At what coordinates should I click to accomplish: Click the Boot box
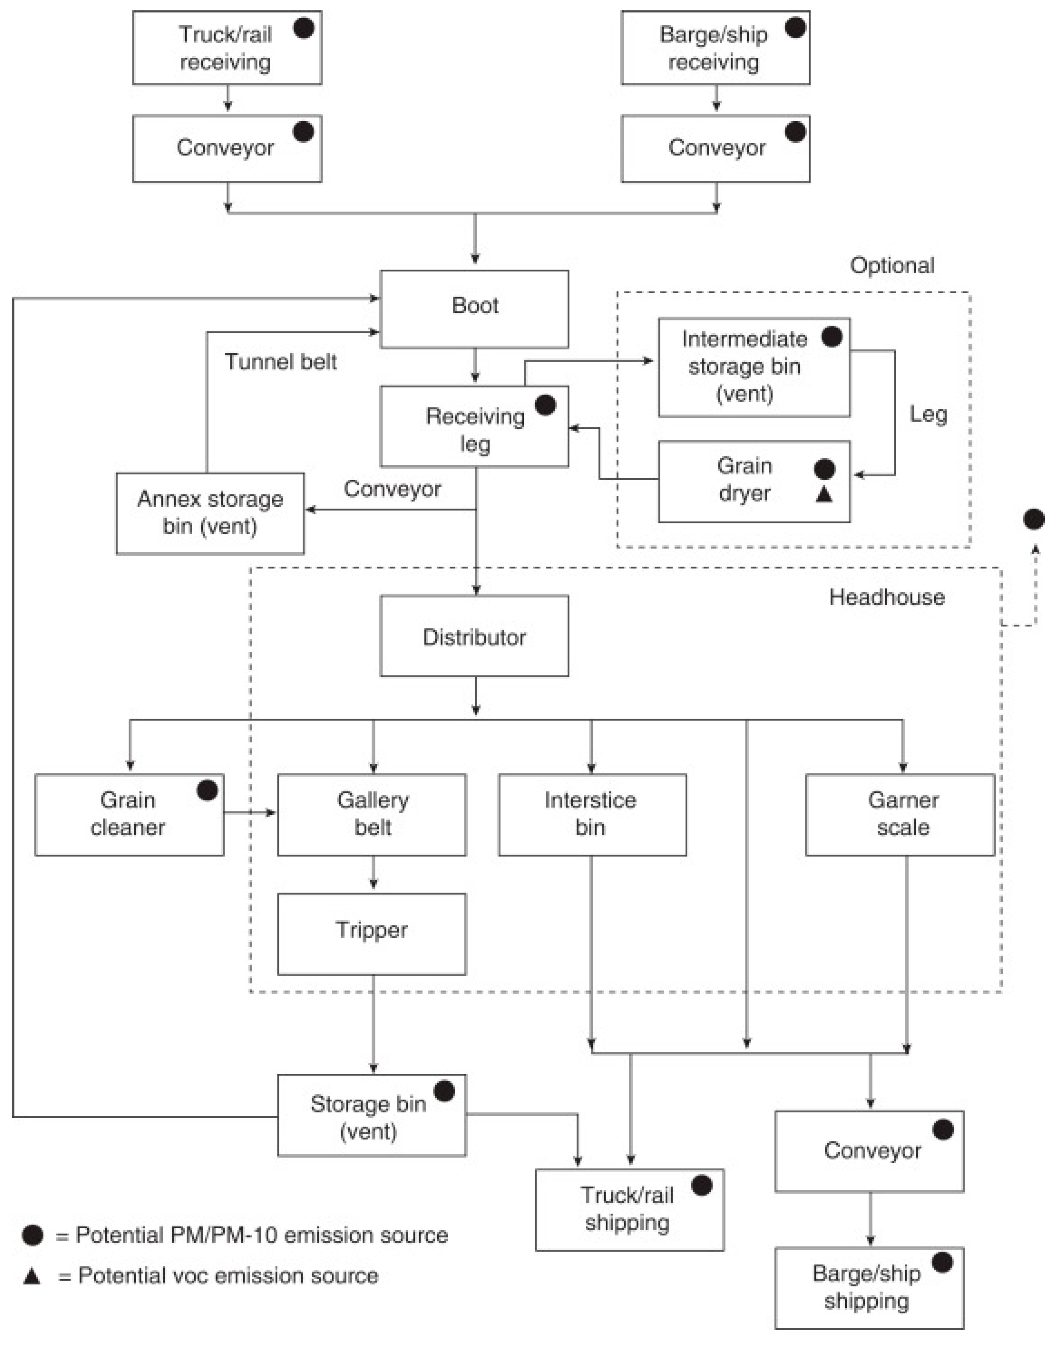pyautogui.click(x=474, y=308)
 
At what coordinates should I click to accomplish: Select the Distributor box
pyautogui.click(x=474, y=636)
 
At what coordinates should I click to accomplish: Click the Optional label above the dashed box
pyautogui.click(x=891, y=265)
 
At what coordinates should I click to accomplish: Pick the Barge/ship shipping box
pyautogui.click(x=869, y=1287)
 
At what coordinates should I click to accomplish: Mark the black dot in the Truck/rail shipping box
pyautogui.click(x=702, y=1185)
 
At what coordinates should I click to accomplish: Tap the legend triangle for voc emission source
pyautogui.click(x=32, y=1276)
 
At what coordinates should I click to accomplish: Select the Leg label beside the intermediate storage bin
pyautogui.click(x=928, y=414)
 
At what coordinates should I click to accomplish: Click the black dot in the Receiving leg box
pyautogui.click(x=545, y=405)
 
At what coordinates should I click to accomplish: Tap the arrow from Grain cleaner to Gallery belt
pyautogui.click(x=250, y=813)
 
